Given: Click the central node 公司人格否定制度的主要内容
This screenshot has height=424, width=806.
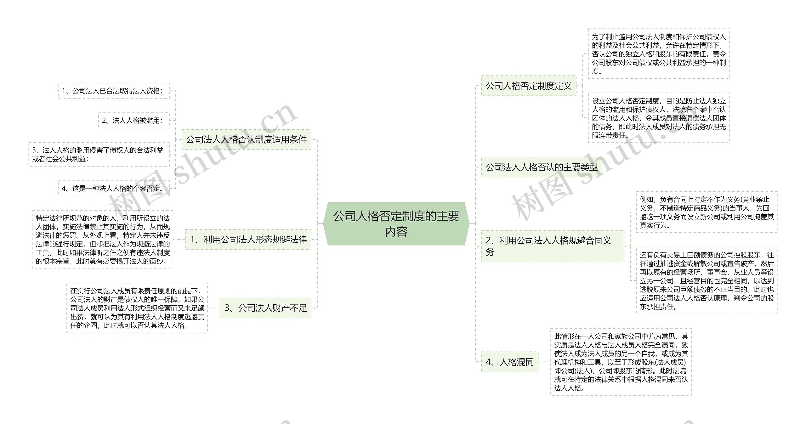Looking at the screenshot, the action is [x=396, y=223].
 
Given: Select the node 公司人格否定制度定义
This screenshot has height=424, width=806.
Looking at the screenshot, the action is [x=528, y=86].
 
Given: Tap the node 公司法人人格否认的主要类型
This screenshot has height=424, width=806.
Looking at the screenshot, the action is [x=541, y=167].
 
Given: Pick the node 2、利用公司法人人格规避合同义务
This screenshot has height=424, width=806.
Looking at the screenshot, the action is [x=552, y=246].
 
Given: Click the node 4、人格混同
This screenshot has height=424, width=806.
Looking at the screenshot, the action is [x=509, y=362].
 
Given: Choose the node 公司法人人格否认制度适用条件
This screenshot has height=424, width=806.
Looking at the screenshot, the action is [x=246, y=139].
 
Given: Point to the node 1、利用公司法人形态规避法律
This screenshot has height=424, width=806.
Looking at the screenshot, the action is [x=248, y=240].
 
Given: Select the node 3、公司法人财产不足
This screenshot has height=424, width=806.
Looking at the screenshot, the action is [x=265, y=308].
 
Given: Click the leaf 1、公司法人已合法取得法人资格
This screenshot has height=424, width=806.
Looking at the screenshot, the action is [x=113, y=91].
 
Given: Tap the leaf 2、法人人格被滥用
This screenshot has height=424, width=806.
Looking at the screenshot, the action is [x=133, y=121].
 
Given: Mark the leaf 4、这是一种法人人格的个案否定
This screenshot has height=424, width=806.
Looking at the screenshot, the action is [x=113, y=189].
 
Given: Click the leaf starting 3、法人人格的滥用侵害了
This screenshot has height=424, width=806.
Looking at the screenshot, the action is [x=99, y=155].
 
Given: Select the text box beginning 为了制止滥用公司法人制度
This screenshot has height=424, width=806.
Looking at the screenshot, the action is [x=659, y=54].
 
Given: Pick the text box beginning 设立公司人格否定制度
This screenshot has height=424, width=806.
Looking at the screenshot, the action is [x=659, y=118].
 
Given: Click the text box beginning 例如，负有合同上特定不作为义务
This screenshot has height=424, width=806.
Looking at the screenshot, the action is [x=706, y=212].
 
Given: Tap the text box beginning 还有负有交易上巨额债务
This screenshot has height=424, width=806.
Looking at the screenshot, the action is [x=706, y=280].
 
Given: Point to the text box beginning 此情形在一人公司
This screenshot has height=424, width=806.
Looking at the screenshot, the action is [x=621, y=362].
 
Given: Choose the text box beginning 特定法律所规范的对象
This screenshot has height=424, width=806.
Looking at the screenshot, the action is [x=103, y=240].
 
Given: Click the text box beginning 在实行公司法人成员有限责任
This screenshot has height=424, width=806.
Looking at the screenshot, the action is [x=137, y=308].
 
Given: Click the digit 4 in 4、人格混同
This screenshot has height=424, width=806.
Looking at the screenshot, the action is [x=489, y=362].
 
